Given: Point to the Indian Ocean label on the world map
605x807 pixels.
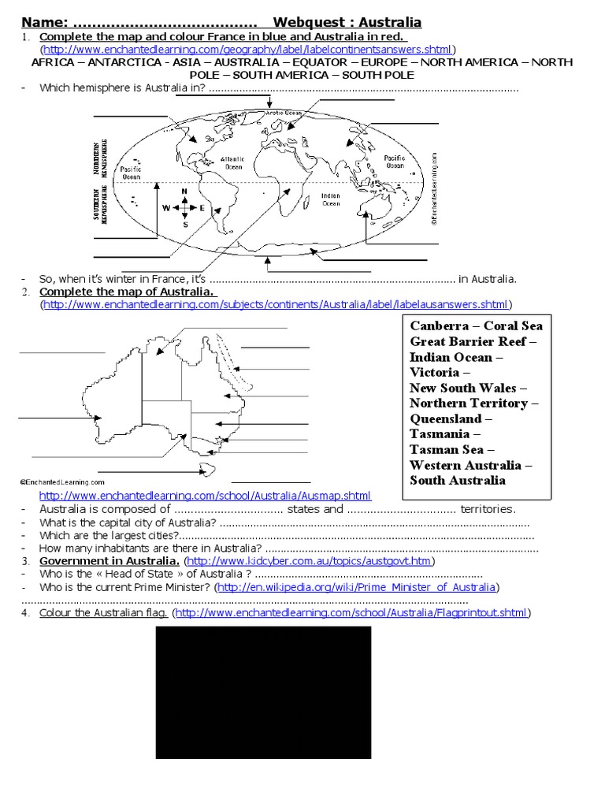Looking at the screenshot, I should [x=331, y=199].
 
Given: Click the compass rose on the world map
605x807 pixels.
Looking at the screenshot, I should [x=184, y=208].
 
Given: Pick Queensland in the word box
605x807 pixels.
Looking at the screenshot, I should [x=445, y=418].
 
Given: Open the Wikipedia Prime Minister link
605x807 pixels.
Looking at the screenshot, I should [x=357, y=587].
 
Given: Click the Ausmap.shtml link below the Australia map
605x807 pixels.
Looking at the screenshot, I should [x=205, y=496].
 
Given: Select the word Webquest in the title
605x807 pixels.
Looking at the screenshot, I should [x=310, y=22].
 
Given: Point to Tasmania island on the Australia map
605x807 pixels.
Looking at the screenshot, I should [x=207, y=470].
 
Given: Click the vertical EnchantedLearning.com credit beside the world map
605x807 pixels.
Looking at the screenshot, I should [x=433, y=189].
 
